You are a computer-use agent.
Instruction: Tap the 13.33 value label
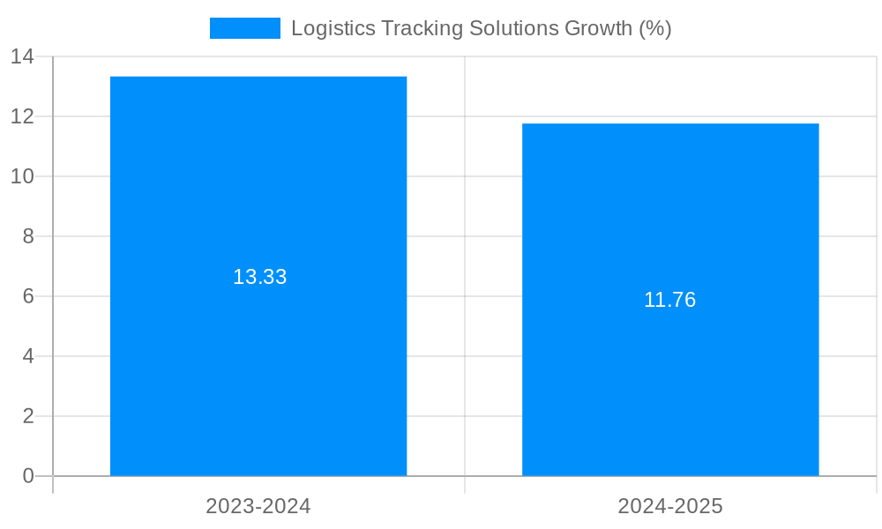[x=259, y=277]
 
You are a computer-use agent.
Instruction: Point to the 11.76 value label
[x=669, y=300]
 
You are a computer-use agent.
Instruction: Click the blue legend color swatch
[x=244, y=28]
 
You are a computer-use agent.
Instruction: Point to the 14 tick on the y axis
[x=22, y=56]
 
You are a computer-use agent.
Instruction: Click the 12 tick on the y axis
[x=22, y=116]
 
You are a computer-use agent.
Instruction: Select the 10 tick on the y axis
[x=22, y=176]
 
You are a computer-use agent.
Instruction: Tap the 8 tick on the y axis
[x=28, y=236]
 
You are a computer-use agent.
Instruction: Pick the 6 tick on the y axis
[x=28, y=296]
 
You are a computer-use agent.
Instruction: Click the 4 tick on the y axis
[x=28, y=356]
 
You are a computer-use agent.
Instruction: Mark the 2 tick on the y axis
[x=28, y=416]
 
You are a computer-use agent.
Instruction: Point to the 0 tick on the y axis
[x=28, y=476]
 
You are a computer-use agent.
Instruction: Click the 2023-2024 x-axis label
[x=258, y=506]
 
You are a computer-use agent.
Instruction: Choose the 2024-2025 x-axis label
[x=670, y=506]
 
